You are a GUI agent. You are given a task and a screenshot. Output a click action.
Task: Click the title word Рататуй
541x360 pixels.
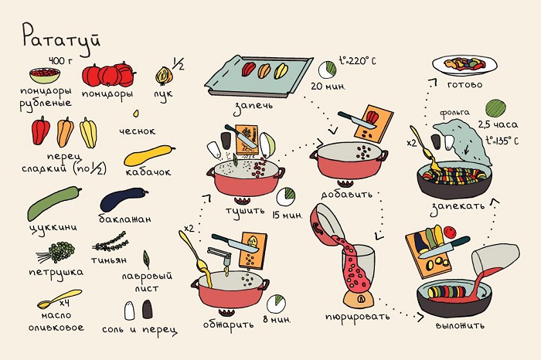pyautogui.click(x=61, y=39)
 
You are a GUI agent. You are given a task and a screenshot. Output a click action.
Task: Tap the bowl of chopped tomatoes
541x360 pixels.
pyautogui.click(x=45, y=75)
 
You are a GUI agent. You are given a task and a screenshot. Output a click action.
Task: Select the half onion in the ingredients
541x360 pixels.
pyautogui.click(x=164, y=76)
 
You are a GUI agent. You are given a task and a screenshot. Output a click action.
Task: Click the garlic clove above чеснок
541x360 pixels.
pyautogui.click(x=136, y=114)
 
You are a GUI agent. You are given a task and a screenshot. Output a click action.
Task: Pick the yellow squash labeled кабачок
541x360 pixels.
pyautogui.click(x=149, y=156)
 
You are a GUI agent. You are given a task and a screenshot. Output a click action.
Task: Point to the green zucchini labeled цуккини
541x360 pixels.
pyautogui.click(x=54, y=203)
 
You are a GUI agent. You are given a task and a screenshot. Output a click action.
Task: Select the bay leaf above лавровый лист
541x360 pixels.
pyautogui.click(x=146, y=260)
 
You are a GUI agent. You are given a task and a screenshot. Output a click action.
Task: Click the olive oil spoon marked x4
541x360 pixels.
pyautogui.click(x=59, y=299)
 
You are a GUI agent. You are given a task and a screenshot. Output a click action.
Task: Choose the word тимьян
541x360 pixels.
pyautogui.click(x=109, y=260)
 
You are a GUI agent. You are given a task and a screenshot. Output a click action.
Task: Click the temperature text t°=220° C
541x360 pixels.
pyautogui.click(x=357, y=61)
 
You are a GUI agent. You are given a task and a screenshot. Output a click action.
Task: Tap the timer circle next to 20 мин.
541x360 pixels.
pyautogui.click(x=327, y=70)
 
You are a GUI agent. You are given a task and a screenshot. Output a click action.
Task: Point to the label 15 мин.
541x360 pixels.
pyautogui.click(x=287, y=216)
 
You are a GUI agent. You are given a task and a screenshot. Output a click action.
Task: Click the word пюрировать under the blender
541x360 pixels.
pyautogui.click(x=357, y=317)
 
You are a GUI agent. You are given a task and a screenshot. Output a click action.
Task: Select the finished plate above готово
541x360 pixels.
pyautogui.click(x=464, y=64)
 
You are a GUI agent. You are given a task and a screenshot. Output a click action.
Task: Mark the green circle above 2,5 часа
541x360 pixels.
pyautogui.click(x=495, y=108)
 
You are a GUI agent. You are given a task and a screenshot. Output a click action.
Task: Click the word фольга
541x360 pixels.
pyautogui.click(x=454, y=113)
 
